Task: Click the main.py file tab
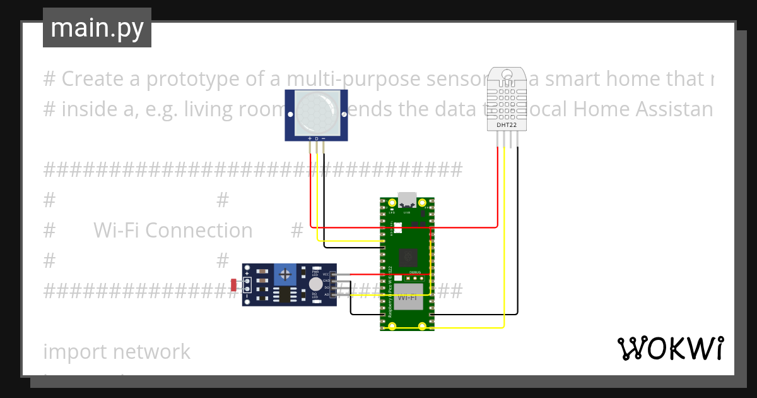(x=97, y=28)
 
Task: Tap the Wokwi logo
(x=670, y=348)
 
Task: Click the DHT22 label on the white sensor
(x=506, y=124)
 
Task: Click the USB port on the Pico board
(x=408, y=200)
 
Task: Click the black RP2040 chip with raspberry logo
(x=408, y=257)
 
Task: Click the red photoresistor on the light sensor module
(x=234, y=285)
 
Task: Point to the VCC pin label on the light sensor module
(x=326, y=274)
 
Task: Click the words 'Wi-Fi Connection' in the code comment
(x=173, y=231)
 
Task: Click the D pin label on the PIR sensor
(x=316, y=138)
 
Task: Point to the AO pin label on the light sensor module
(x=326, y=294)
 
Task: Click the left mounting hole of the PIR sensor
(x=291, y=115)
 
